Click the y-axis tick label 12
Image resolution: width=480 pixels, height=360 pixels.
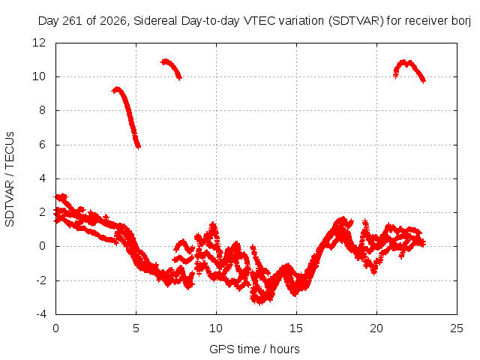coord(39,43)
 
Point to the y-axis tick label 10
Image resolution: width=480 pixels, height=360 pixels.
coord(39,76)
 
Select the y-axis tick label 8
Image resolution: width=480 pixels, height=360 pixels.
coord(42,110)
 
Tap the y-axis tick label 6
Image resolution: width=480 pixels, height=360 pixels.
coord(42,145)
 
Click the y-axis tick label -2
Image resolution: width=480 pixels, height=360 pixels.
coord(40,280)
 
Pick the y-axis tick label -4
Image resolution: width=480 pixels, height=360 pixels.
coord(40,314)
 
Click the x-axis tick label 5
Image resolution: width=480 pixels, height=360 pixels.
coord(136,328)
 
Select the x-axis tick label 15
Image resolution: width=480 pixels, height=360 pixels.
coord(296,328)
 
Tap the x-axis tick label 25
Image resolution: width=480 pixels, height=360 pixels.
coord(457,328)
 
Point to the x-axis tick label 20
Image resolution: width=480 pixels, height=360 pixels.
coord(376,328)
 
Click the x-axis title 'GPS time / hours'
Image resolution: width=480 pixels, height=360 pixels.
coord(254,349)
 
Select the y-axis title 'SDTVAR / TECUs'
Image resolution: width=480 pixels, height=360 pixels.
coord(10,179)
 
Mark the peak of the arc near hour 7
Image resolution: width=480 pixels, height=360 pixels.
coord(165,61)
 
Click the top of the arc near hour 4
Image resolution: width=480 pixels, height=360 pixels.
coord(117,89)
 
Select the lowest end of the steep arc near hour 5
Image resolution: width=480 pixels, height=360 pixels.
coord(138,147)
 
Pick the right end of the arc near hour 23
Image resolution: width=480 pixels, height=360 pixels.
coord(424,81)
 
